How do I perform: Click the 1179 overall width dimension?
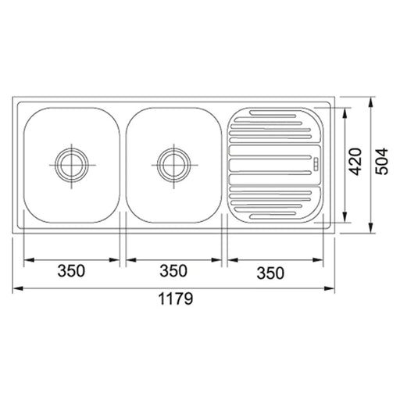176,298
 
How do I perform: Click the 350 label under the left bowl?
71,270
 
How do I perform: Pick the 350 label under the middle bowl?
173,270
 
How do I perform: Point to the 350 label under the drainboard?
270,273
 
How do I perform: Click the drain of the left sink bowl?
72,165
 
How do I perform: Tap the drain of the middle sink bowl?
173,165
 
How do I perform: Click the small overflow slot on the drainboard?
316,164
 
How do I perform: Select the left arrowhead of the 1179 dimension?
17,288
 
